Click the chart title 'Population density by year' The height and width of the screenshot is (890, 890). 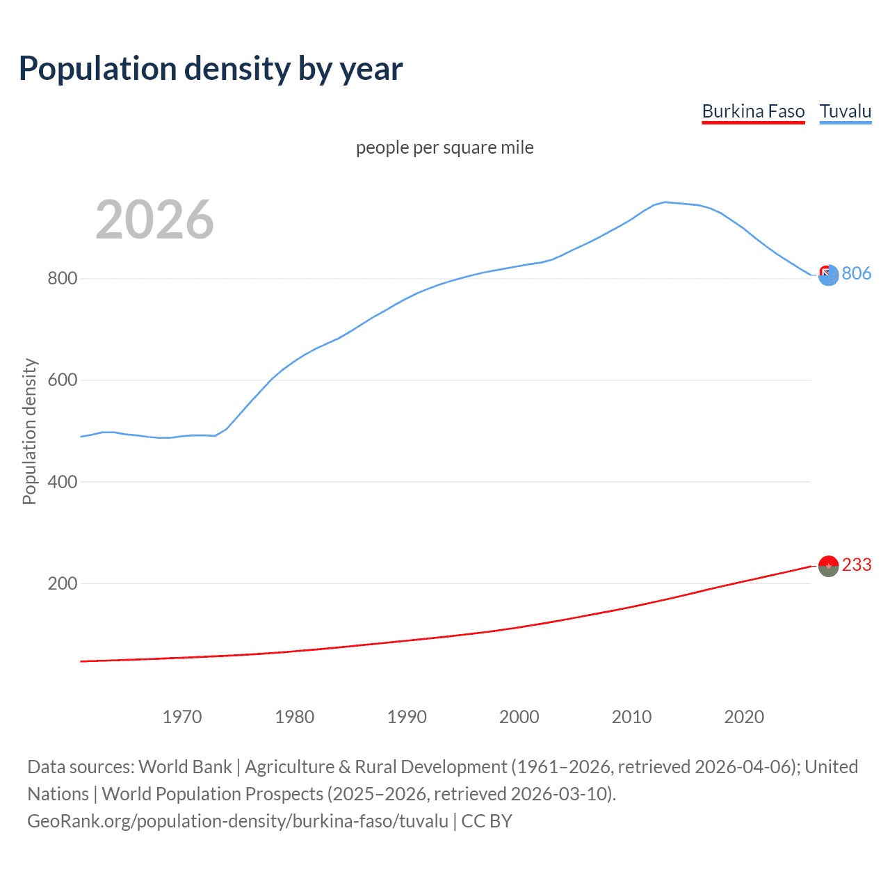click(x=211, y=69)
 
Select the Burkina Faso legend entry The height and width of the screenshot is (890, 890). click(x=753, y=111)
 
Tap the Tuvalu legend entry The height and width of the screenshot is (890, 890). click(x=845, y=111)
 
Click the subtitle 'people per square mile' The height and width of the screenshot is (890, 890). click(x=444, y=147)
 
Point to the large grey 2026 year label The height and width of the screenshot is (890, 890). click(x=154, y=220)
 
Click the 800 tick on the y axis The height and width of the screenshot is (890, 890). click(x=62, y=279)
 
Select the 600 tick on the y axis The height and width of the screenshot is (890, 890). click(x=62, y=380)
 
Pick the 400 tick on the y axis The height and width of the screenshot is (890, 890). click(x=62, y=482)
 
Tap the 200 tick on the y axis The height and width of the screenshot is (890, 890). click(x=62, y=583)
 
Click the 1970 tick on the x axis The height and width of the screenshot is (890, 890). click(x=182, y=717)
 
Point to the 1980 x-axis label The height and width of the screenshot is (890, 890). click(x=294, y=717)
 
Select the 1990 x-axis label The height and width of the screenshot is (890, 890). click(x=407, y=717)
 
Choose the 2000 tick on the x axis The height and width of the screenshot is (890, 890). click(x=519, y=717)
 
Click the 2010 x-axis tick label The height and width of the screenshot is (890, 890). click(x=631, y=717)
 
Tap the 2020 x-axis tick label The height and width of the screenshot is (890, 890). click(x=744, y=717)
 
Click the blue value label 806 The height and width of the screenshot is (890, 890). click(x=856, y=274)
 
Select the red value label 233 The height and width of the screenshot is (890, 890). click(x=856, y=565)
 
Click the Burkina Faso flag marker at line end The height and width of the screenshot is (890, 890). click(x=828, y=567)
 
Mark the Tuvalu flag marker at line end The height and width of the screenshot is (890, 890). click(x=828, y=275)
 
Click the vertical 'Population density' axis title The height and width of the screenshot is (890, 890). click(x=29, y=431)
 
